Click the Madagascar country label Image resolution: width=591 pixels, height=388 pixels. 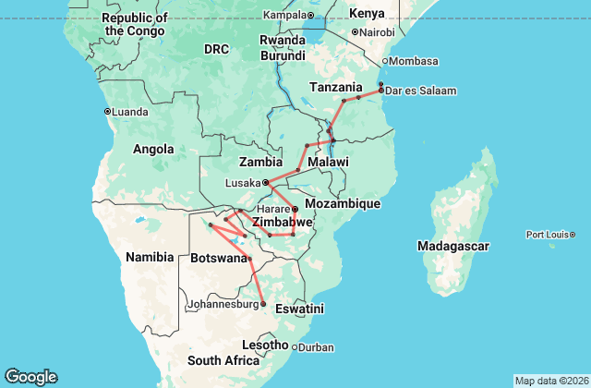[452, 246]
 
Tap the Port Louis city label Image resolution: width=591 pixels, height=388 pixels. [551, 235]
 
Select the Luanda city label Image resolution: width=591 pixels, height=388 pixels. [131, 112]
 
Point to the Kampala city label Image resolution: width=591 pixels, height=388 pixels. [283, 15]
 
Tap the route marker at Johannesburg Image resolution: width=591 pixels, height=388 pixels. [263, 304]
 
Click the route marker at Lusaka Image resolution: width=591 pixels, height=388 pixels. [265, 182]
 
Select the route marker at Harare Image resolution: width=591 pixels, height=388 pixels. [295, 210]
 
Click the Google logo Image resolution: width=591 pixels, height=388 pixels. [30, 377]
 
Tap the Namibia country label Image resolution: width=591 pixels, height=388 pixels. [150, 256]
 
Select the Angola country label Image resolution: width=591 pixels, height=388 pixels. [153, 149]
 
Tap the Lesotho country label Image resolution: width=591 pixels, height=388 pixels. [265, 345]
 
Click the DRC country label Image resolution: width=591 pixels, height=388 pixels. [216, 48]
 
